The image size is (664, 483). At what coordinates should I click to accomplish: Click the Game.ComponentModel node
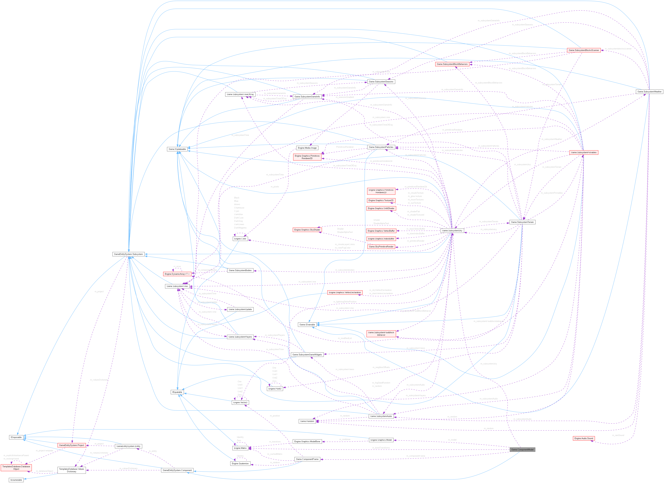coord(522,449)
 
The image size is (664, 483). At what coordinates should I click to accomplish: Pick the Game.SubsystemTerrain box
coord(522,222)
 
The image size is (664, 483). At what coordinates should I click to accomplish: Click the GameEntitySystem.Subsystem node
coord(128,254)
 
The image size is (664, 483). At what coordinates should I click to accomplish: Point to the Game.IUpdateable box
coord(177,149)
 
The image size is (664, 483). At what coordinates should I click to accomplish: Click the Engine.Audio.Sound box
coord(584,438)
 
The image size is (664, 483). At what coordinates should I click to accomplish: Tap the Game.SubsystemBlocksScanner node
coord(584,50)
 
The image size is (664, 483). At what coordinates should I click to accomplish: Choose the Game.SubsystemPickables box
coord(584,153)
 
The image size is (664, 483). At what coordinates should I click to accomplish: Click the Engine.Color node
coord(240,239)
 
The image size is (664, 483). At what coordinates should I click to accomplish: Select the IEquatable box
coord(177,392)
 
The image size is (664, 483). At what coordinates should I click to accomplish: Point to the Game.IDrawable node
coord(307,325)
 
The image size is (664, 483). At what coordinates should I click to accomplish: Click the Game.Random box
coord(307,421)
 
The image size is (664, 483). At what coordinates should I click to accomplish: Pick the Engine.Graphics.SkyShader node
coord(307,230)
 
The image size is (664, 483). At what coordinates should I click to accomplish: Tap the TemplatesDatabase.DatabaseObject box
coord(16,468)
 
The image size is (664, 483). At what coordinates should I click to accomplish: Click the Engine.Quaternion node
coord(240,463)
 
